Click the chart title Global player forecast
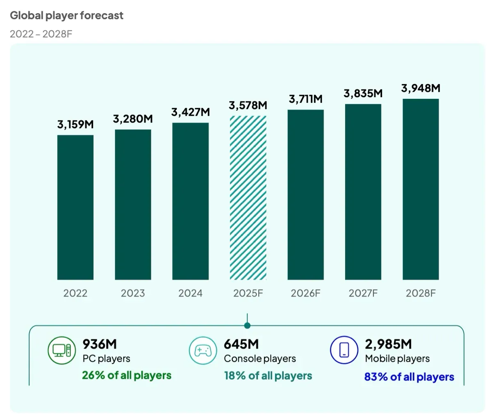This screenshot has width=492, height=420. click(66, 16)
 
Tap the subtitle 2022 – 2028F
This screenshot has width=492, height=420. click(41, 34)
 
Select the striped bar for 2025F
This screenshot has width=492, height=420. click(248, 198)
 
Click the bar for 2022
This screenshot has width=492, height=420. click(75, 207)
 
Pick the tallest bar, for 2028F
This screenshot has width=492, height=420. click(421, 189)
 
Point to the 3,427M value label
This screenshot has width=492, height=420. click(190, 112)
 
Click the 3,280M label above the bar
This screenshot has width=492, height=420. click(133, 119)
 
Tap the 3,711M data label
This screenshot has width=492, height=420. click(305, 99)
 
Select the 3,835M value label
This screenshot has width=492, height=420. click(363, 94)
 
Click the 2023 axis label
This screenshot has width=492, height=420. click(133, 293)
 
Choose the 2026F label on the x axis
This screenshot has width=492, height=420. click(305, 293)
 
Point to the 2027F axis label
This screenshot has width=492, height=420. click(363, 293)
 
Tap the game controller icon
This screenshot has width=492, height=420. click(203, 350)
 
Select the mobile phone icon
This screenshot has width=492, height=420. click(344, 350)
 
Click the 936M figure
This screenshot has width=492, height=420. click(100, 344)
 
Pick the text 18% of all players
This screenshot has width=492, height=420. click(268, 376)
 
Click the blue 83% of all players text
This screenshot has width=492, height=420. click(409, 377)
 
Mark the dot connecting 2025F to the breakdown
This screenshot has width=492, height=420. click(247, 326)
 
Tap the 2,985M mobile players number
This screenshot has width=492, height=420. click(388, 344)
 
